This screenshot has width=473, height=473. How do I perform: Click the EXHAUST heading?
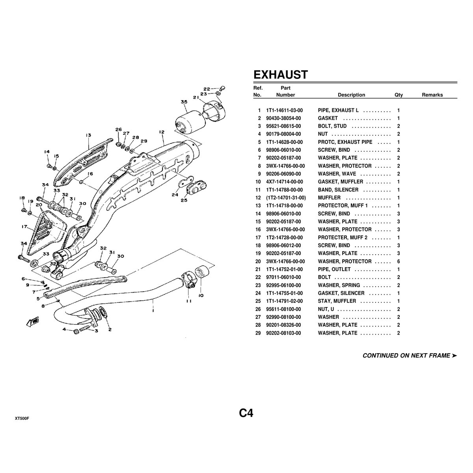click(x=280, y=74)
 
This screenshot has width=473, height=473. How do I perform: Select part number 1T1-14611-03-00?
click(x=284, y=110)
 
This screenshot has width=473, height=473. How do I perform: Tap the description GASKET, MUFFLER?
click(x=340, y=182)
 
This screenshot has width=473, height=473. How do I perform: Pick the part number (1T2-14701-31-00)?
click(x=286, y=197)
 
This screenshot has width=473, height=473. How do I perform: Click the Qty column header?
click(x=399, y=95)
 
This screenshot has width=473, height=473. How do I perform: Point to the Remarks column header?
click(x=432, y=95)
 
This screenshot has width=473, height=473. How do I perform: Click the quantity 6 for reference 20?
click(x=399, y=261)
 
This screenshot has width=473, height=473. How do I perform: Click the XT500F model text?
click(x=22, y=418)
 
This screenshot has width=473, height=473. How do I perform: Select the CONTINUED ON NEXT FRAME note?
click(x=410, y=356)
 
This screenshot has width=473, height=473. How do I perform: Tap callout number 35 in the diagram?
click(x=184, y=102)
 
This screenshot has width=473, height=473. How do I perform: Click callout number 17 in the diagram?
click(x=24, y=227)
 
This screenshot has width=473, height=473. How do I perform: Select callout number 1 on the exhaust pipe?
click(x=153, y=310)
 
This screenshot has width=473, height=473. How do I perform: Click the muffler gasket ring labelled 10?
click(x=201, y=272)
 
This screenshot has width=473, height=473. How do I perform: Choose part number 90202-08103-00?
click(x=284, y=333)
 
